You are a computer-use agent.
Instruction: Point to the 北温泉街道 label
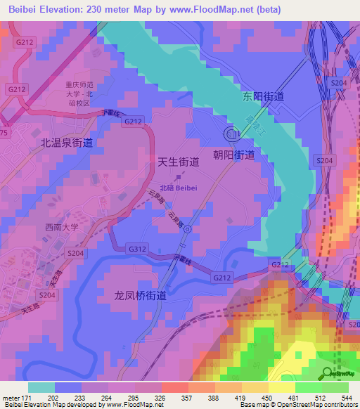point(67,142)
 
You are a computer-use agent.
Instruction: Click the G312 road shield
point(137,249)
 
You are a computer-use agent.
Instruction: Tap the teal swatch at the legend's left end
point(41,387)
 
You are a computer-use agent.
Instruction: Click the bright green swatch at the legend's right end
point(335,387)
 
